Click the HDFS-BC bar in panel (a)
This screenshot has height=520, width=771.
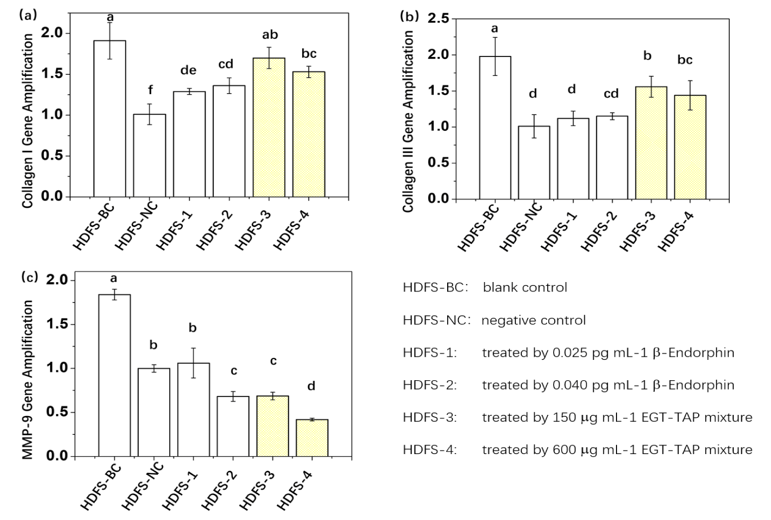click(x=109, y=119)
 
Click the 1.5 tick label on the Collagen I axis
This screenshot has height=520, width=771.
click(x=52, y=74)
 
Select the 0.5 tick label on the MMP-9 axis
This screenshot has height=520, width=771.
click(x=56, y=412)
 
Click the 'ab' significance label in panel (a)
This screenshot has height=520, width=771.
click(x=270, y=35)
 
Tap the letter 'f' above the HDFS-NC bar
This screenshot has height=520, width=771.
click(x=150, y=90)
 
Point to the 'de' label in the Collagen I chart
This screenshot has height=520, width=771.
click(x=188, y=70)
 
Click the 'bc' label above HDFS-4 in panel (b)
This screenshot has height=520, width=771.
click(x=685, y=60)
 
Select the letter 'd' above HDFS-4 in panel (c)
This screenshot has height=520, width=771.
click(x=311, y=386)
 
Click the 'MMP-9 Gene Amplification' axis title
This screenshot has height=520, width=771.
click(x=28, y=380)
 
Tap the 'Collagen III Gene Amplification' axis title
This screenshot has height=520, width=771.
click(x=408, y=121)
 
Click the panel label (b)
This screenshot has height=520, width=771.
click(x=409, y=16)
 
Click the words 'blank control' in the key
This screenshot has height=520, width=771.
click(x=525, y=288)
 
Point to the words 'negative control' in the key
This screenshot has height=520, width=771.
click(x=533, y=320)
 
